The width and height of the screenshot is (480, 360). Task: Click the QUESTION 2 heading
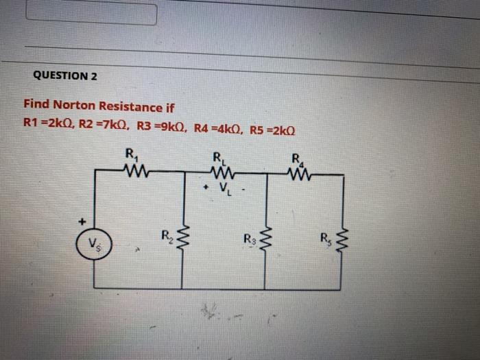tap(65, 75)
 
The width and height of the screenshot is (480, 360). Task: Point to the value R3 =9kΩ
tap(160, 127)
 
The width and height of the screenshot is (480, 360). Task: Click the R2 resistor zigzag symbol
tap(182, 240)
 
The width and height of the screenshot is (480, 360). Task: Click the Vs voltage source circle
tap(93, 243)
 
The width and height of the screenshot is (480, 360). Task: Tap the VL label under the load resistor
tap(225, 188)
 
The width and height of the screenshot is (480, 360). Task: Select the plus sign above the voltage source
tap(82, 221)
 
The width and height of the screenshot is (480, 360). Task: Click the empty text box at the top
tap(91, 14)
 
